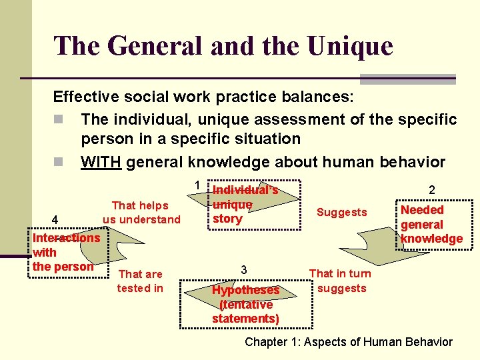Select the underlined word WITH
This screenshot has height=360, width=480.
[101, 162]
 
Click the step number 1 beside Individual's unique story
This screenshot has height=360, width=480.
[197, 185]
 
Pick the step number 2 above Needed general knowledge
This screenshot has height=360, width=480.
[431, 190]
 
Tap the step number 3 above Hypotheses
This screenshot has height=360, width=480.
[244, 270]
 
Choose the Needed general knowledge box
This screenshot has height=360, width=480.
[431, 225]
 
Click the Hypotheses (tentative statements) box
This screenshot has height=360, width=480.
[245, 304]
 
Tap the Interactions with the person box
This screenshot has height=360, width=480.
[66, 252]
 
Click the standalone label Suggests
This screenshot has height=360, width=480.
[341, 213]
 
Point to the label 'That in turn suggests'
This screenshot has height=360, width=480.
[341, 281]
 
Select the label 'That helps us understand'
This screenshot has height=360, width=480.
[141, 213]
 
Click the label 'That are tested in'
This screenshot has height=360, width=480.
[140, 281]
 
